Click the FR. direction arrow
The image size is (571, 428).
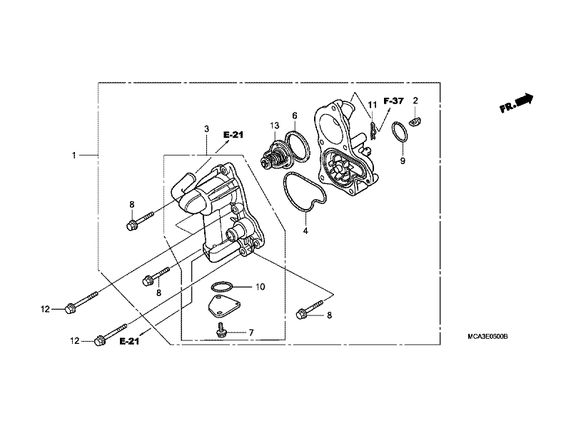pos(516,103)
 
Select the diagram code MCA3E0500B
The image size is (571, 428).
pos(487,337)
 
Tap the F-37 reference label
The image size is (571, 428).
pos(393,101)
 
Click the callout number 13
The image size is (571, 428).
pos(275,126)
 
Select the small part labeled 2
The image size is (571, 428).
pos(415,121)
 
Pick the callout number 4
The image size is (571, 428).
pos(305,230)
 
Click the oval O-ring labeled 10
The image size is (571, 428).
pos(221,287)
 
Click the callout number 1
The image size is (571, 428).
pos(74,156)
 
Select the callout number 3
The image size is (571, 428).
pos(206,129)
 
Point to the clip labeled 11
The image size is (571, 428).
pos(373,131)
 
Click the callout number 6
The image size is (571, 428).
pos(295,116)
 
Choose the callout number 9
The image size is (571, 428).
pos(403,161)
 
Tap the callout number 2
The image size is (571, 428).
pos(415,101)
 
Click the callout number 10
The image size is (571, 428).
pos(260,287)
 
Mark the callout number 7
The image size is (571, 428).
pos(251,332)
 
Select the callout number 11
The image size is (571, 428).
pos(372,105)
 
